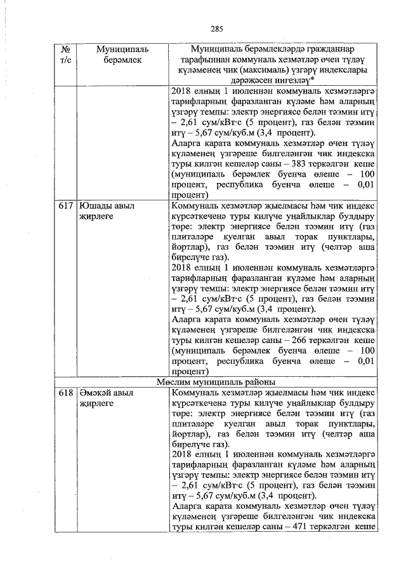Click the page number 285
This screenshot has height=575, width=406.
tap(218, 29)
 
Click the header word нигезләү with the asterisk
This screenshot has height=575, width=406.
tap(290, 81)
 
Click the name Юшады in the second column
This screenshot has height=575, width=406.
tap(95, 206)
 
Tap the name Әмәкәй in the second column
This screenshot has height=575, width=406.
tap(96, 393)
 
